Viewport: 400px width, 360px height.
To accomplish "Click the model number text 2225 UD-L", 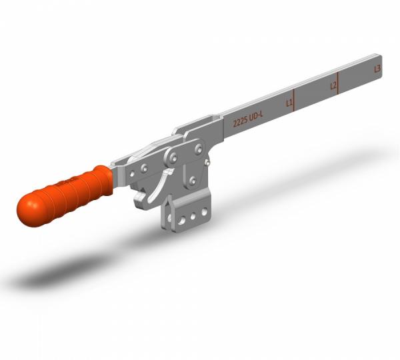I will (x=247, y=121).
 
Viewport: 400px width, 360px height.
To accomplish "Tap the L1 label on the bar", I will (x=289, y=103).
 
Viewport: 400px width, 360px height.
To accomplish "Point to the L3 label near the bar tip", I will (x=378, y=68).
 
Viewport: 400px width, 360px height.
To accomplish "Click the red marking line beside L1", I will (x=295, y=100).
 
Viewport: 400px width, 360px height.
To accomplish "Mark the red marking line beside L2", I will (x=339, y=83).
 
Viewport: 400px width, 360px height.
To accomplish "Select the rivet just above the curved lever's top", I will (x=173, y=157).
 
